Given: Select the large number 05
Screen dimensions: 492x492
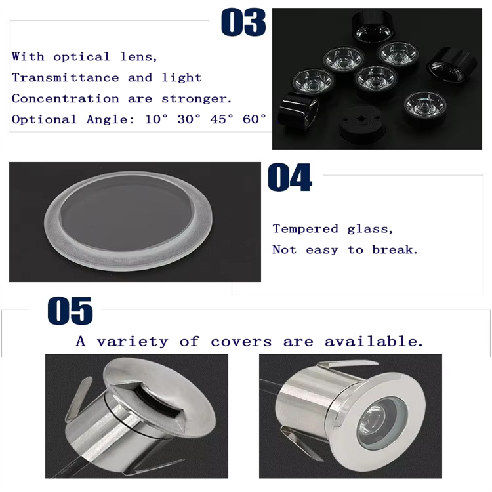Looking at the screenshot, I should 70,311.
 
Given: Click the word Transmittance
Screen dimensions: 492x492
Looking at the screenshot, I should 66,77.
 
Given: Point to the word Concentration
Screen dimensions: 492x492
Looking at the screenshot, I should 66,98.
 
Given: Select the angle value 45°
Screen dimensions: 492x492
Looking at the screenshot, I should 222,119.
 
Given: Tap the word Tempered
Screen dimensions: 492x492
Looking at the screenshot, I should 306,229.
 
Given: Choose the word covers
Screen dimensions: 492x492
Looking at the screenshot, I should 241,342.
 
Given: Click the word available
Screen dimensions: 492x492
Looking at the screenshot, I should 374,342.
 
